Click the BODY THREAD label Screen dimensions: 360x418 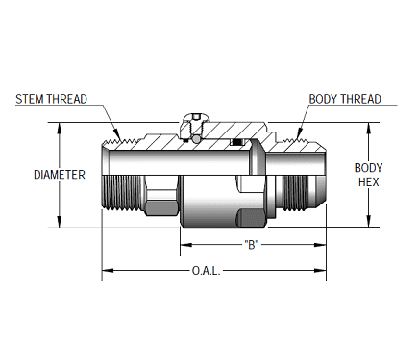[345, 99]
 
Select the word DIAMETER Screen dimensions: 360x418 [60, 175]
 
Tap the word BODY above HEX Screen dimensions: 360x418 [368, 167]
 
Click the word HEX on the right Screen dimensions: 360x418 [368, 181]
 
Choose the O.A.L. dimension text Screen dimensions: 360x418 [207, 273]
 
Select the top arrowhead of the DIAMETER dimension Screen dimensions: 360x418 [61, 127]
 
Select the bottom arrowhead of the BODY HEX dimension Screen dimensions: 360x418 [369, 223]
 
